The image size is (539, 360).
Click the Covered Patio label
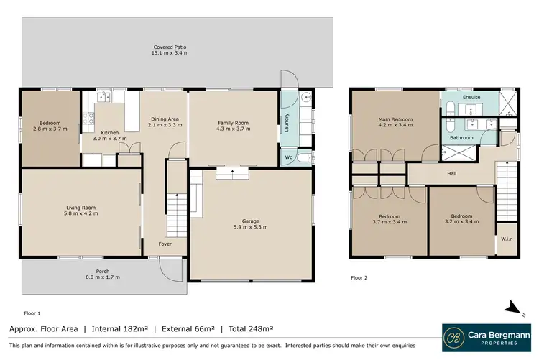point(170,50)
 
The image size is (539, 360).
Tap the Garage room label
point(250,223)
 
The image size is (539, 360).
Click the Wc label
point(287,157)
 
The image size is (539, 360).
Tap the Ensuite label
point(471,96)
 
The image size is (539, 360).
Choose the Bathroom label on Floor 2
point(461,137)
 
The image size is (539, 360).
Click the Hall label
point(451,174)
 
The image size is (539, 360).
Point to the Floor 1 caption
point(32,313)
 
